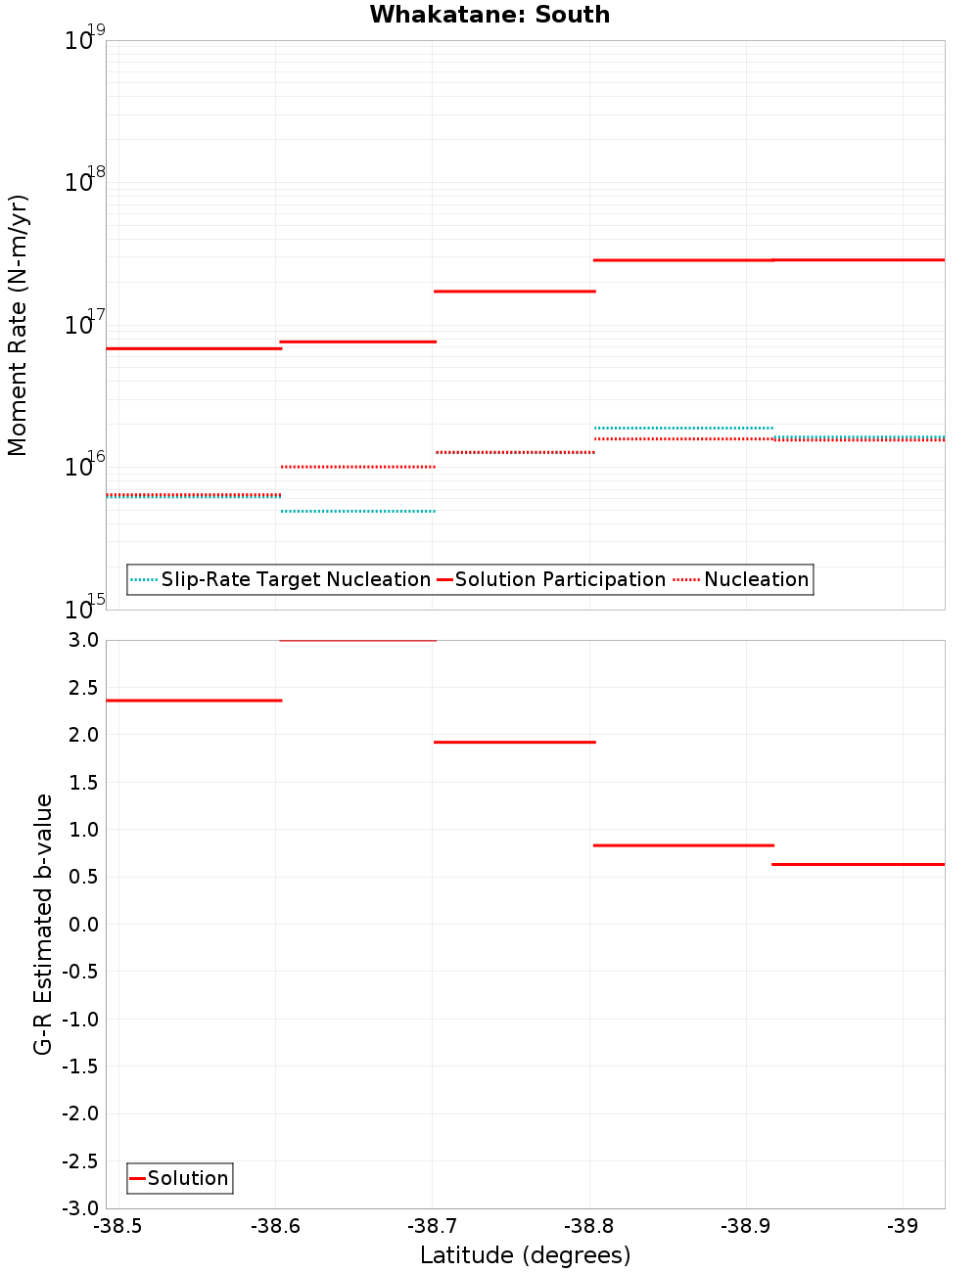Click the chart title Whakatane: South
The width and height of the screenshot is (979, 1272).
(489, 15)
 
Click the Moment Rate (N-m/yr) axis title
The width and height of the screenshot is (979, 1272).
(18, 325)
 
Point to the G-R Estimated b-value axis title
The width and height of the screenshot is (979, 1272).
(43, 925)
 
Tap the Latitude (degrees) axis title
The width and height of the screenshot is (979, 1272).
(525, 1255)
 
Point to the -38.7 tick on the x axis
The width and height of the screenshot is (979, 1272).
(433, 1226)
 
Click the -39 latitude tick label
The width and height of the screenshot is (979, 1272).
(902, 1226)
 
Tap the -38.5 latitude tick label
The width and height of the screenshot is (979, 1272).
(117, 1226)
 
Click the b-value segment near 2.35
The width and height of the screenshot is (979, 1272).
(193, 701)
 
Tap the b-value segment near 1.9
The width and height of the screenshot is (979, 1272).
(514, 742)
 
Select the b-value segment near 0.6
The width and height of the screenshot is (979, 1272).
(858, 864)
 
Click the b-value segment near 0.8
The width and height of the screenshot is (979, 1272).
(682, 844)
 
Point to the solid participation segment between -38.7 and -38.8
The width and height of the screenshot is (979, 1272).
(514, 291)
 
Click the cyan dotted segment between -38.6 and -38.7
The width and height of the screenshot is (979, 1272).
(357, 511)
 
